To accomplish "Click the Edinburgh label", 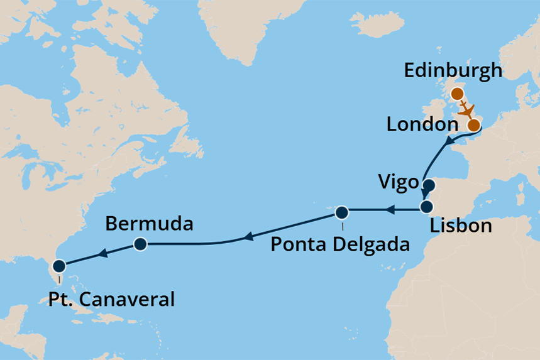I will tap(453, 70).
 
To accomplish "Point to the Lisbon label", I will tap(460, 226).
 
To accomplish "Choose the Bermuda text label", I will tap(149, 223).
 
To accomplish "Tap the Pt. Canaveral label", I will tap(111, 299).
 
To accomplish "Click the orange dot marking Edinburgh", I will tap(457, 94).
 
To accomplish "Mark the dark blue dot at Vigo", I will tap(428, 185).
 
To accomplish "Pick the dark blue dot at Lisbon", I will tap(427, 207).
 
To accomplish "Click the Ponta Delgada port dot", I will tap(341, 211).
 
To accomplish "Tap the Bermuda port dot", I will tap(140, 244).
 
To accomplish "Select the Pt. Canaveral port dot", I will tap(59, 266).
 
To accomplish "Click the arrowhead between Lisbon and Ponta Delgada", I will tap(390, 209).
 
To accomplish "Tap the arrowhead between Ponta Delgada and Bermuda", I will tap(248, 237).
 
